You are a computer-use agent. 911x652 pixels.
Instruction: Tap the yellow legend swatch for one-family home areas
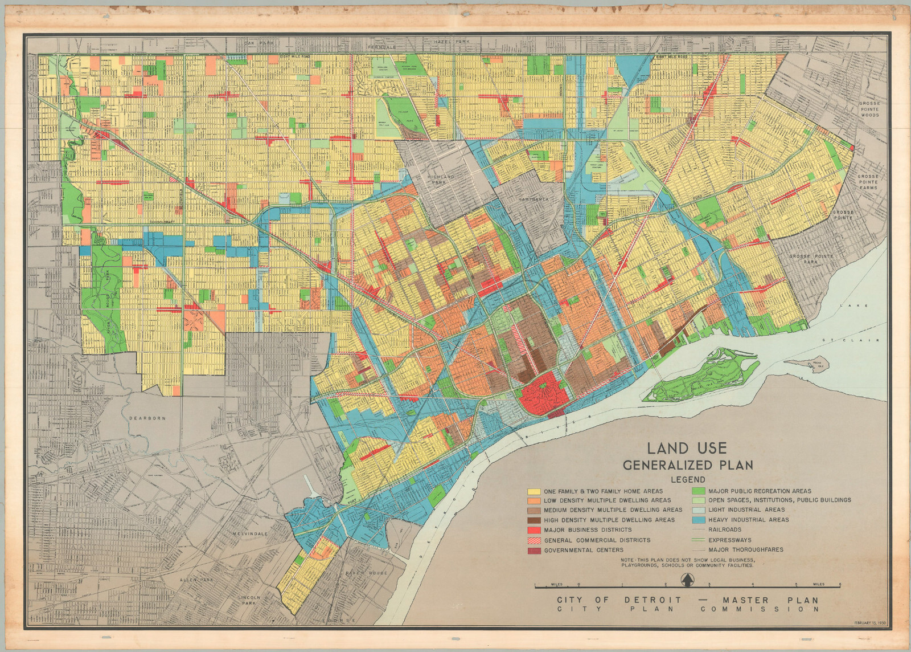click(534, 491)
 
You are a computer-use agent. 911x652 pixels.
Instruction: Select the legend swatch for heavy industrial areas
click(699, 520)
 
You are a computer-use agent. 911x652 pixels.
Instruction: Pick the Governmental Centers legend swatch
click(534, 551)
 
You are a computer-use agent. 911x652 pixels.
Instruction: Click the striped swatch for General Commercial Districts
click(534, 540)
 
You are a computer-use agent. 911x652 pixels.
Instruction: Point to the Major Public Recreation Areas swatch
click(699, 491)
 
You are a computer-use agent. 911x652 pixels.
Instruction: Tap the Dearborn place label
click(147, 418)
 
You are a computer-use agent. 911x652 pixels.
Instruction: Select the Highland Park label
click(441, 180)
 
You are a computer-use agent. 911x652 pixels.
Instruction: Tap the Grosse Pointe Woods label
click(869, 109)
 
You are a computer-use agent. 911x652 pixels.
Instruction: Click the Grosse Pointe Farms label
click(868, 182)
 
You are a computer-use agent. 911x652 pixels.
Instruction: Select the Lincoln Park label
click(249, 600)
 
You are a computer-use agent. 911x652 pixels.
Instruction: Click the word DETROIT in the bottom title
click(653, 600)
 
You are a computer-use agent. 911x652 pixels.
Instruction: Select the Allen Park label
click(196, 580)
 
